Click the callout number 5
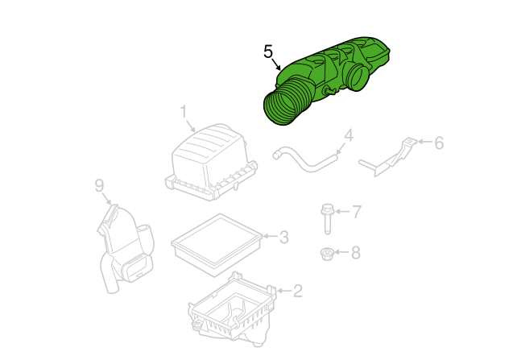point(268,52)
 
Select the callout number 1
point(184,112)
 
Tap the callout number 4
point(349,136)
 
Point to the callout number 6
point(439,143)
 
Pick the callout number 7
point(357,212)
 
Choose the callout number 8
point(355,253)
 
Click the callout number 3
point(283,237)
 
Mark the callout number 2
point(297,291)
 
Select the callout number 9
point(99,185)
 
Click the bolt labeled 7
point(327,219)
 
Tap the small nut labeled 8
point(327,253)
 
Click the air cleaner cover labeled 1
point(211,162)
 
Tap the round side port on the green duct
point(357,77)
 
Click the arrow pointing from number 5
point(277,64)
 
